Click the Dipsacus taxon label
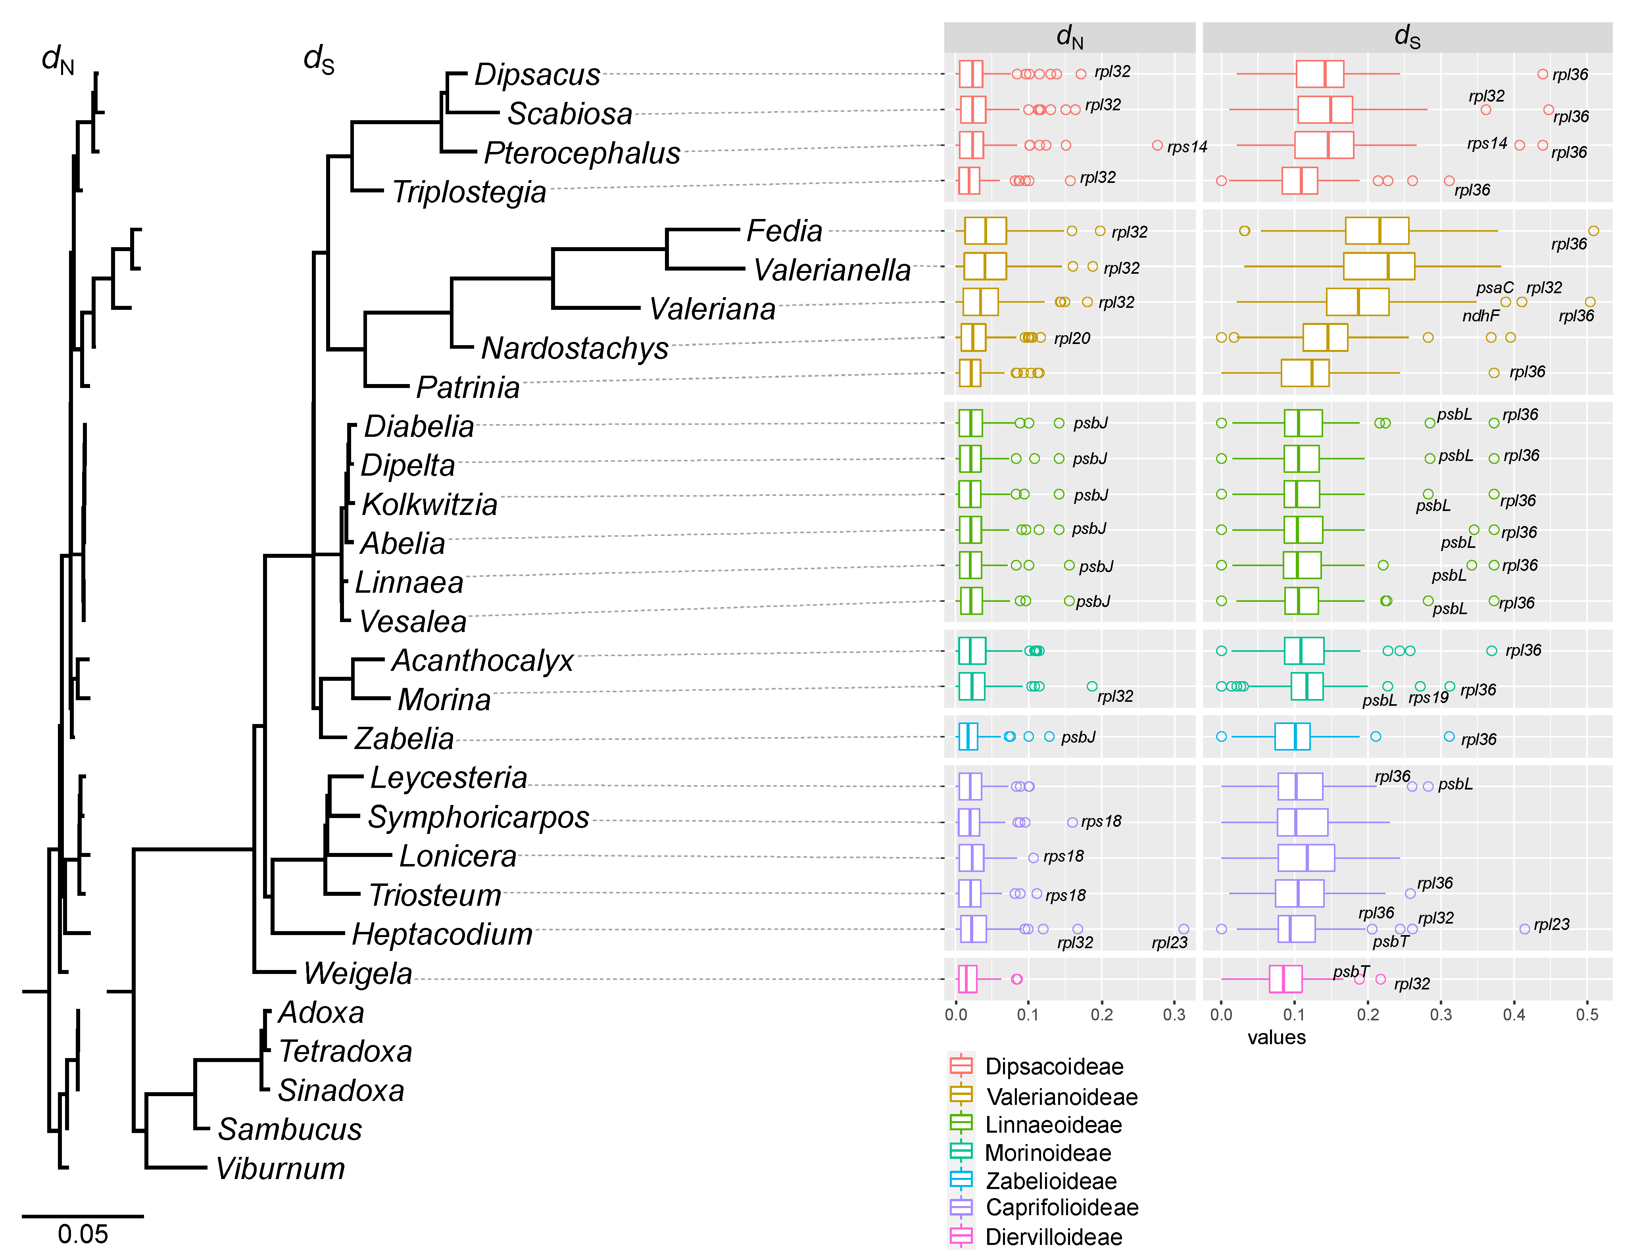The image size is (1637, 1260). pos(538,74)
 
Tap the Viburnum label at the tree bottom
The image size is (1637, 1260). pos(281,1168)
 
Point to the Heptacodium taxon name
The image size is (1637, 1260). pos(442,934)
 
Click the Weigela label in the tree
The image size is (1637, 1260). pos(357,974)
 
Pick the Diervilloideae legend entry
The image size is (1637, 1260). pos(1053,1237)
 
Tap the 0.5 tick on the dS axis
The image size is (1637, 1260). pos(1587,1015)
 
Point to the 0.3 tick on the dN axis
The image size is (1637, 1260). pos(1174,1015)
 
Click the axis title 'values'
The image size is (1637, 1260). pos(1276,1037)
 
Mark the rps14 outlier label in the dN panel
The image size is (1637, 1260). pos(1187,147)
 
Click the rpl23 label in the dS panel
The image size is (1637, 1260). pos(1552,924)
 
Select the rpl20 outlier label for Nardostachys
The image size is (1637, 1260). pos(1072,338)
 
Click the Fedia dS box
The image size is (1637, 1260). pos(1377,231)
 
